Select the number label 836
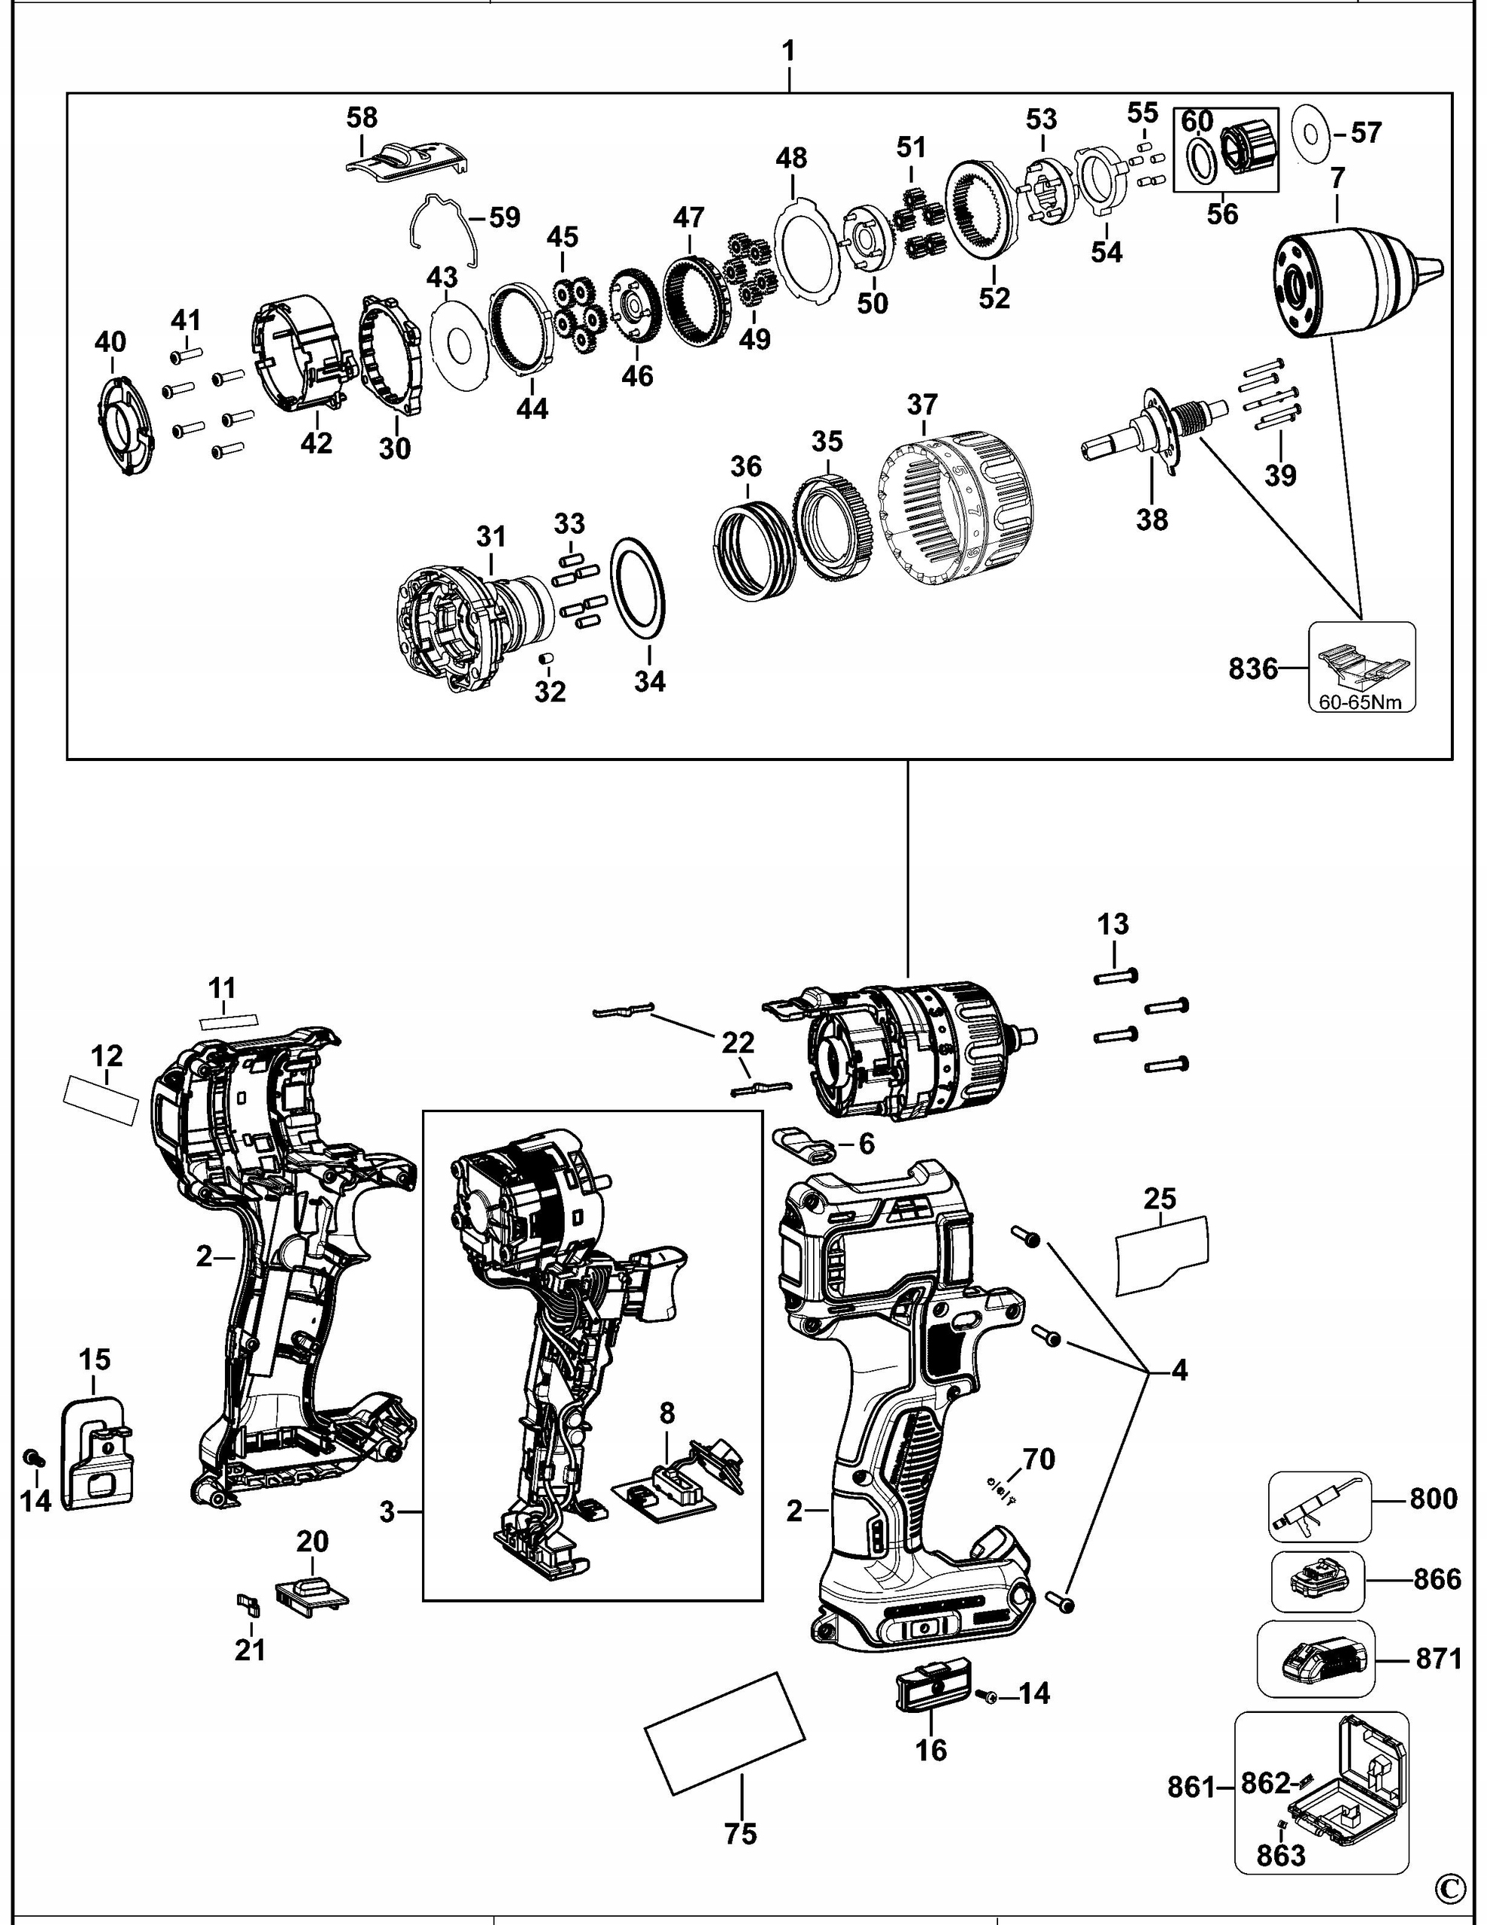click(x=1252, y=669)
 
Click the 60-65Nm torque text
click(x=1361, y=702)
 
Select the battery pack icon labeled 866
click(x=1317, y=1581)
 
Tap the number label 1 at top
click(x=788, y=51)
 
